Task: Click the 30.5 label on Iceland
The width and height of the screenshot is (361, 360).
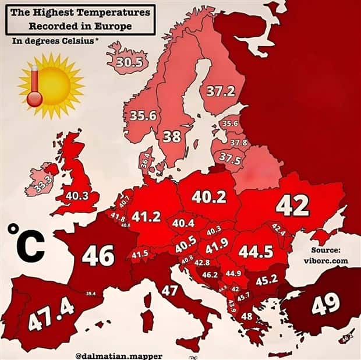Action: pyautogui.click(x=125, y=63)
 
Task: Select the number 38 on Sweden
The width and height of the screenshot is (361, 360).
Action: pyautogui.click(x=172, y=136)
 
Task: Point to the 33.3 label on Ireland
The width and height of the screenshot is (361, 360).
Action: pyautogui.click(x=41, y=184)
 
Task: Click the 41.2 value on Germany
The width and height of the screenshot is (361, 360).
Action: pyautogui.click(x=146, y=217)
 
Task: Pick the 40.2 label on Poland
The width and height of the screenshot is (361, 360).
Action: pyautogui.click(x=208, y=197)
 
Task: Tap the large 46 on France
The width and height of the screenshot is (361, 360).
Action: pyautogui.click(x=98, y=255)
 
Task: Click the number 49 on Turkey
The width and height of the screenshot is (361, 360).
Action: pyautogui.click(x=326, y=304)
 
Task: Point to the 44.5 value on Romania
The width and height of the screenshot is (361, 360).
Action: pyautogui.click(x=256, y=250)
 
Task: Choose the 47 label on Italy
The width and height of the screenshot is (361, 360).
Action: pyautogui.click(x=169, y=290)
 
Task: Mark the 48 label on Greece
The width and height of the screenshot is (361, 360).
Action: pyautogui.click(x=247, y=316)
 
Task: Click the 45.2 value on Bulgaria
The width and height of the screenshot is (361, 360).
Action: pyautogui.click(x=266, y=280)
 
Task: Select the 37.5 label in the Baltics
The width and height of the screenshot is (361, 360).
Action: pyautogui.click(x=229, y=158)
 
